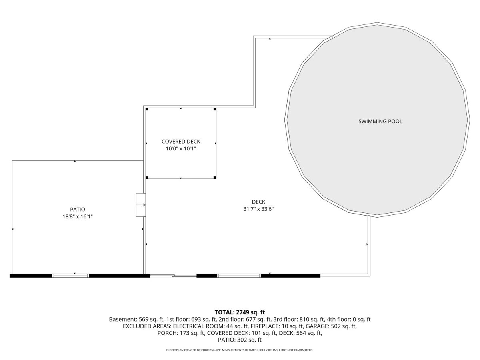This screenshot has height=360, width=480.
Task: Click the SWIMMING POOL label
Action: [380, 121]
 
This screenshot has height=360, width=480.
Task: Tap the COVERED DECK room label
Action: [181, 142]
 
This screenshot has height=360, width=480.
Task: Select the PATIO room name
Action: [78, 209]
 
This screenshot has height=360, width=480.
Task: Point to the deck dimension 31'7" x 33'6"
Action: [258, 209]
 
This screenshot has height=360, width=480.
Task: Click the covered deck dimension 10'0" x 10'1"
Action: [181, 149]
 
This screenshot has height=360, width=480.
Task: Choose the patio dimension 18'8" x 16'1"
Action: [78, 216]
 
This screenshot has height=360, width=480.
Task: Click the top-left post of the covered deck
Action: [147, 109]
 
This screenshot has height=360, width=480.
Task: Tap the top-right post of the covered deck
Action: [215, 109]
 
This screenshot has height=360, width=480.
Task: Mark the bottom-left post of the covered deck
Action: [147, 178]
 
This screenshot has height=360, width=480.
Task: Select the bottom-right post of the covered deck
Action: [215, 178]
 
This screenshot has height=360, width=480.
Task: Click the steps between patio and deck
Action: [141, 205]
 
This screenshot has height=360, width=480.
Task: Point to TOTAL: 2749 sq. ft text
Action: [240, 312]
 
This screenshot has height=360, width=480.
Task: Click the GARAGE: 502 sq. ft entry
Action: [331, 326]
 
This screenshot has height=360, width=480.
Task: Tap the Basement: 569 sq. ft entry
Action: [136, 319]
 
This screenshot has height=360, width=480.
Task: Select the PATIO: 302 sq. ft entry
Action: [240, 340]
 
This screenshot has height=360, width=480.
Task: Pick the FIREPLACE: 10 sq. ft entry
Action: [277, 326]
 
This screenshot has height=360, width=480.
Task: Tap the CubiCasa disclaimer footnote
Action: [240, 350]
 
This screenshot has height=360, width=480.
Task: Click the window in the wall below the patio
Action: [70, 276]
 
